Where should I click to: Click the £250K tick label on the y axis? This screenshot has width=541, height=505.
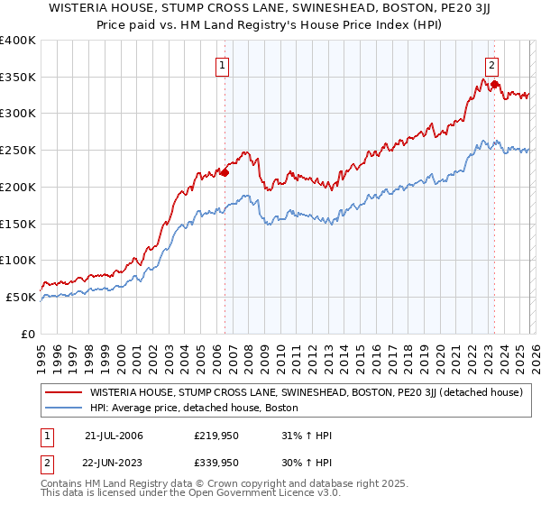[18, 150]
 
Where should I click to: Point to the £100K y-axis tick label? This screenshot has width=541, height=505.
[18, 260]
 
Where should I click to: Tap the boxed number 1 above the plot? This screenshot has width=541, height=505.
[222, 64]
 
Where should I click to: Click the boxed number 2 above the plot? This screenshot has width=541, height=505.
[491, 64]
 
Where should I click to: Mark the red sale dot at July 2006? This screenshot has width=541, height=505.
[225, 171]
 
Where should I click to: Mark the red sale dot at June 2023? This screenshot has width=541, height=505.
[494, 84]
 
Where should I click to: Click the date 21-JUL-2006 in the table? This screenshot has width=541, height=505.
[114, 435]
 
